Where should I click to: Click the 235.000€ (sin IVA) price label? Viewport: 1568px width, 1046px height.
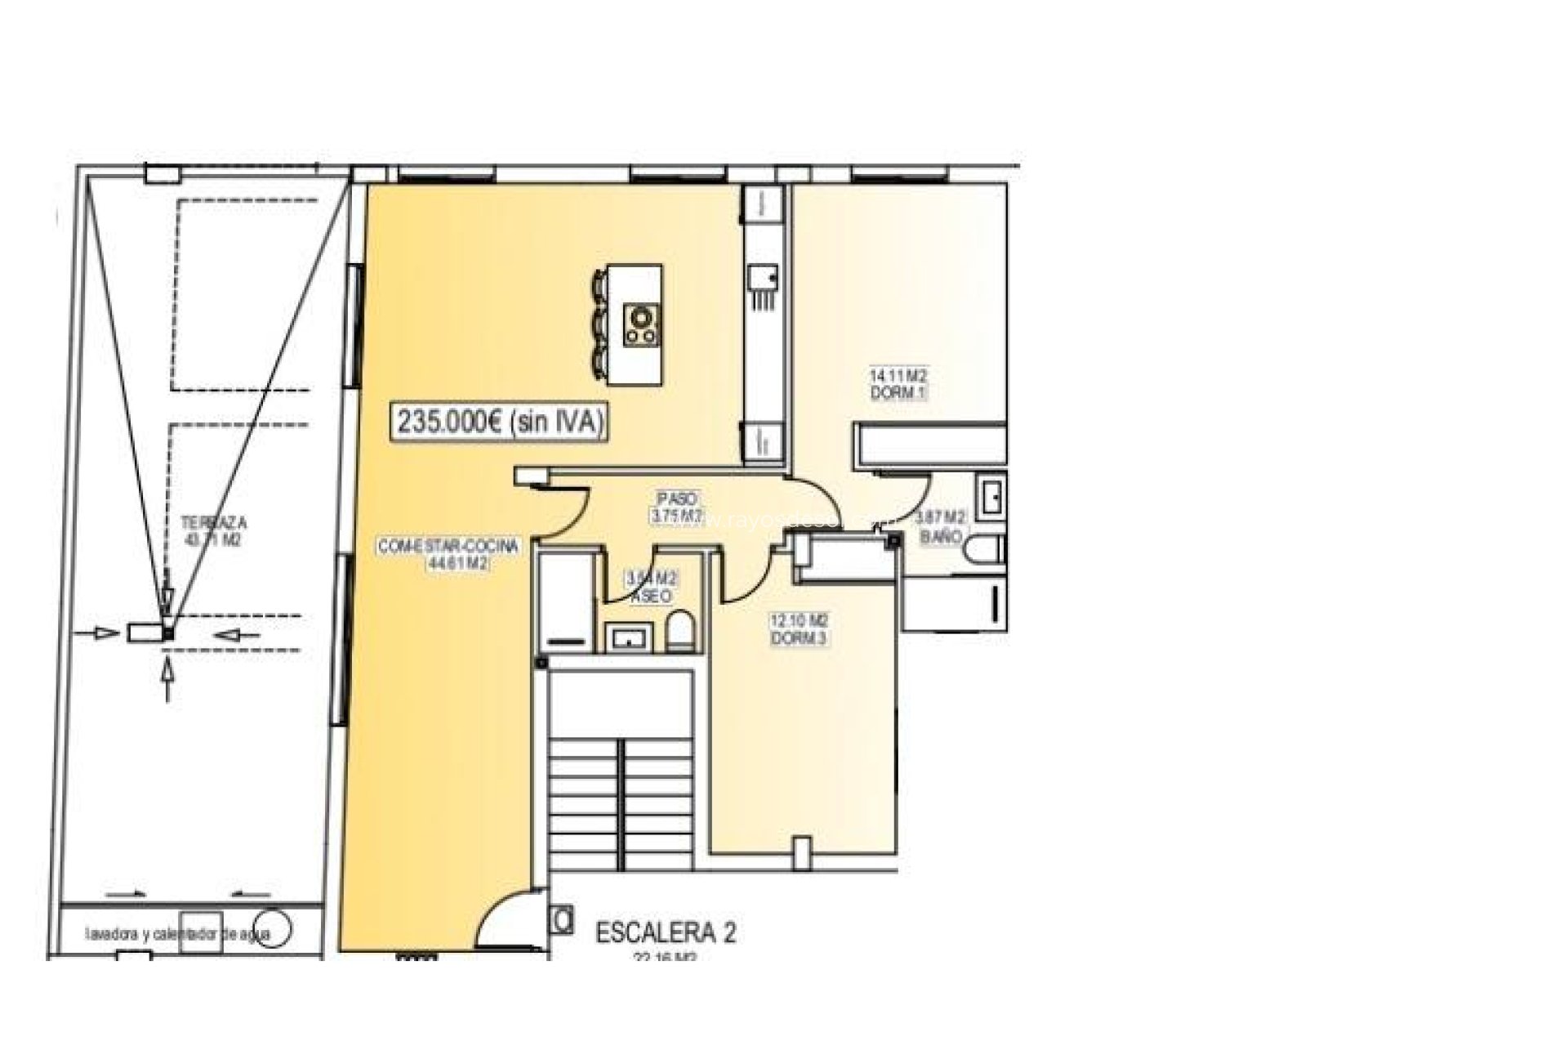coord(501,422)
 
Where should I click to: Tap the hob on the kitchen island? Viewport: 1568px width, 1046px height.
coord(641,324)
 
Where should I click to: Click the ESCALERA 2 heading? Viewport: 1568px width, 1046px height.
coord(666,932)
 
